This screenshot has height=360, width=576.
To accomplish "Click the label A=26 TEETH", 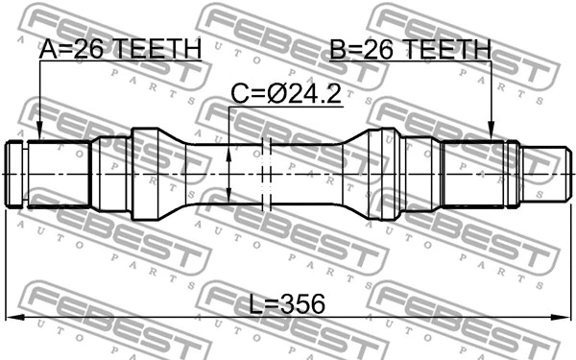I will (120, 49).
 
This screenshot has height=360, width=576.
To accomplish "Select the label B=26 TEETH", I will (410, 49).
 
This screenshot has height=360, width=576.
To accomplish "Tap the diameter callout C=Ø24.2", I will (286, 94).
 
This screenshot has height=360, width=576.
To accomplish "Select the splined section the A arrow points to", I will (58, 175).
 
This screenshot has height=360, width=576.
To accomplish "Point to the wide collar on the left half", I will (149, 175).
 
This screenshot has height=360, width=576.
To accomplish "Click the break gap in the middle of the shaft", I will (268, 175).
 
